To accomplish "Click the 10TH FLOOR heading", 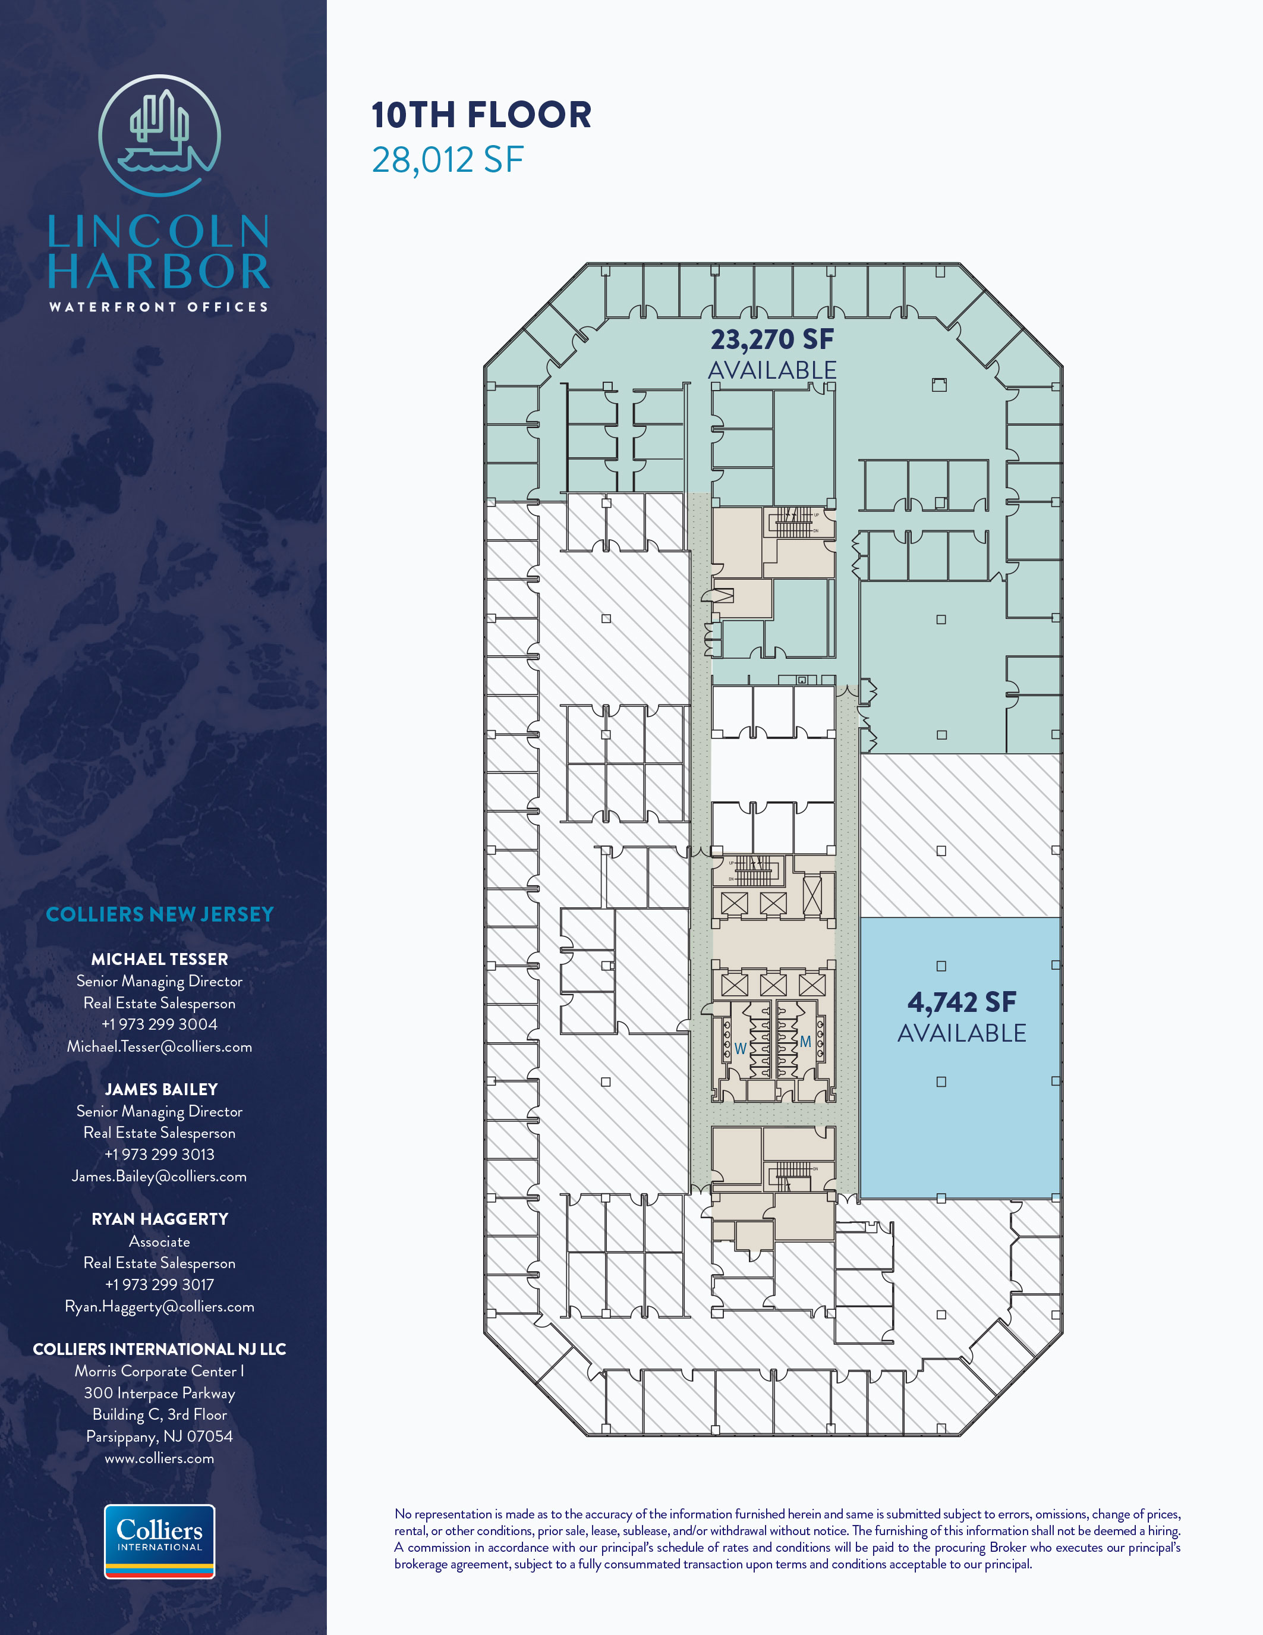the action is point(481,115).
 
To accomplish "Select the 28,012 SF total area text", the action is point(448,160).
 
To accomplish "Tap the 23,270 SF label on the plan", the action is point(772,339).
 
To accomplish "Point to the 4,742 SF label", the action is point(962,1002).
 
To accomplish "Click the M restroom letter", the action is point(806,1041).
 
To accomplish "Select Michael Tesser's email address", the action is point(159,1046).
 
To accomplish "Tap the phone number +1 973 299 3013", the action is point(159,1155).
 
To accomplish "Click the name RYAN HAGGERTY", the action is point(159,1219).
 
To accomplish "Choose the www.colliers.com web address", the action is point(159,1458).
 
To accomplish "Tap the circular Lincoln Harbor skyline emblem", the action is point(159,136).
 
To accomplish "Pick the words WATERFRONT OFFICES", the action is point(159,307).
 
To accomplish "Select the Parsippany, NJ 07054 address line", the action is point(159,1436).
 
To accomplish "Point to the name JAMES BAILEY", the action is point(161,1089).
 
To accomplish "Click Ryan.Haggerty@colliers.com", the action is point(159,1306).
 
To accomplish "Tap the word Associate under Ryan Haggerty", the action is point(159,1241).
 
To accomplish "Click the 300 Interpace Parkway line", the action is point(159,1393).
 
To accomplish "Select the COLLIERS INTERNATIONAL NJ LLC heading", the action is point(159,1349).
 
